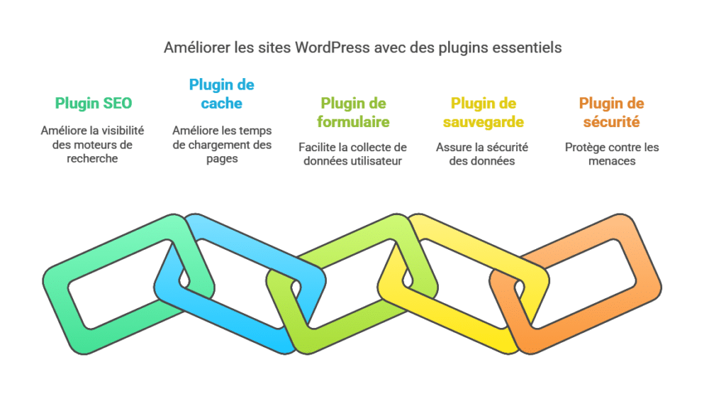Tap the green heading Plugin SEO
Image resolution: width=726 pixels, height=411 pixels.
94,104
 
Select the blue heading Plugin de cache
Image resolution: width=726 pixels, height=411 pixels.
221,94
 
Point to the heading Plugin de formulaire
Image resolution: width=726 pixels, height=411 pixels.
353,113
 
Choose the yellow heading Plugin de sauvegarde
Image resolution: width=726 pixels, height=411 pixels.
484,113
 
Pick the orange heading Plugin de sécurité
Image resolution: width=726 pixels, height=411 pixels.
612,113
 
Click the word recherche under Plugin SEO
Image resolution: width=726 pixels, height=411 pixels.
92,158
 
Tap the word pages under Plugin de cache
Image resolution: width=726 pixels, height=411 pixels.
222,160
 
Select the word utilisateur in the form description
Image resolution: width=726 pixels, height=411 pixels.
376,161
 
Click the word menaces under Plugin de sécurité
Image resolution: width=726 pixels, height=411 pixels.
612,161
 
